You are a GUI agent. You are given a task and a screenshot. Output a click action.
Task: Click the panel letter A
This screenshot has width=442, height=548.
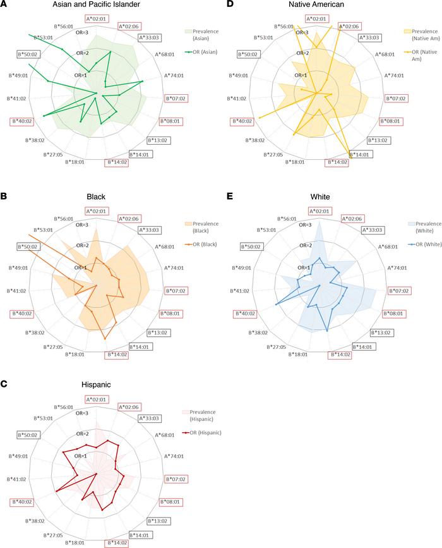pos(4,5)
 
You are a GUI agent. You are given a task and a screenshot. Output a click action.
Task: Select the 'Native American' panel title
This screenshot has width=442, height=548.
pos(319,6)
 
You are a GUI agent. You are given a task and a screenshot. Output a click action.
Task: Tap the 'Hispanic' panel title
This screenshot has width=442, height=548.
pos(96,384)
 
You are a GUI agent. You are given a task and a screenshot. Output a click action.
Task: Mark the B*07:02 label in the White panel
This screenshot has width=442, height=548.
pos(397,290)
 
